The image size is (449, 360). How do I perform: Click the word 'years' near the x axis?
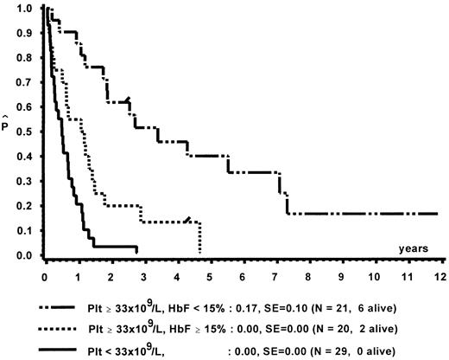(414, 248)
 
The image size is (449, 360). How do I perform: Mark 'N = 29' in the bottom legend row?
(332, 349)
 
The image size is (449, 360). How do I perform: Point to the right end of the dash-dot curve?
(438, 213)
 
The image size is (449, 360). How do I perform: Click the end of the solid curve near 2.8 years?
(136, 247)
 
